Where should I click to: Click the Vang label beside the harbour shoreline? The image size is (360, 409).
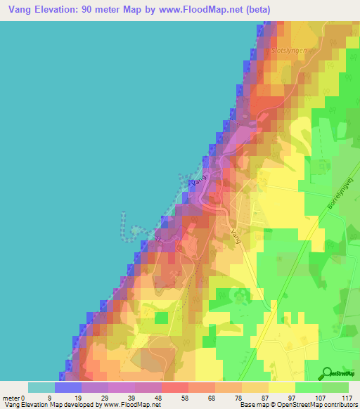[x=198, y=181]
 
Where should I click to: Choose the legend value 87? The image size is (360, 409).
[x=269, y=397]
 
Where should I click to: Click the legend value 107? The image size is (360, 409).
[x=322, y=397]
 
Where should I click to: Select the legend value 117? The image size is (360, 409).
[x=349, y=397]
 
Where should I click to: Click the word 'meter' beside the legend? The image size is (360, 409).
[x=11, y=397]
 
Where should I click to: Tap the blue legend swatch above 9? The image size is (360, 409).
[x=68, y=387]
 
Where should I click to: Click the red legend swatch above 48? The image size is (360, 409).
[x=175, y=387]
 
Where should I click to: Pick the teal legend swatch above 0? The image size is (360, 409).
[x=41, y=387]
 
